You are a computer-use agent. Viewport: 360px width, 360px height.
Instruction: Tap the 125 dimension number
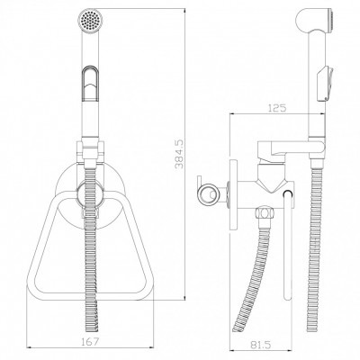point(276,108)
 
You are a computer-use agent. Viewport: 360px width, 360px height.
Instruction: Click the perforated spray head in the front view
point(91,19)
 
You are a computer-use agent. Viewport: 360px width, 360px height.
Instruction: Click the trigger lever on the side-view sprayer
point(326,84)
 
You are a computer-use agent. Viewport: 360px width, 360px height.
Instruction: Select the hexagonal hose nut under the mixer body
point(263,213)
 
